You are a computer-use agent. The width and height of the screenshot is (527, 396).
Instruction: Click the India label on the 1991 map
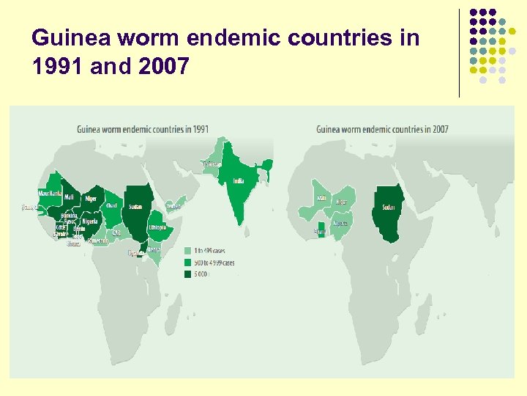[239, 180]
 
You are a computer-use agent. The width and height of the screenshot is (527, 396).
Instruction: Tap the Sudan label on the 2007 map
[387, 208]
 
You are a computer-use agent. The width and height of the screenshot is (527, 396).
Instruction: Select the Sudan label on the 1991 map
[135, 207]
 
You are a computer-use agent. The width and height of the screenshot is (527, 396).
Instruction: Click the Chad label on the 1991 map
[111, 206]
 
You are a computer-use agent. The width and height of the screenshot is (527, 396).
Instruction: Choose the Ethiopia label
[157, 227]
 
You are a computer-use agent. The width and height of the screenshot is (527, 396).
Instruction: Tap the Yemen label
[173, 207]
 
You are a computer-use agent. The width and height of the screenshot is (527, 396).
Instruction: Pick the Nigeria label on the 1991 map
[90, 221]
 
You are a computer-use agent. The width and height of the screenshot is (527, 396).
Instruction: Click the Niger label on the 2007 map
[342, 202]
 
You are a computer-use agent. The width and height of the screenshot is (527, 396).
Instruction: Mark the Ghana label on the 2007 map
[320, 232]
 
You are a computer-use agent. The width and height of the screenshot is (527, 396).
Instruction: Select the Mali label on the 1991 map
[69, 197]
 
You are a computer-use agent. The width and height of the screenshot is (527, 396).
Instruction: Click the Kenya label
[154, 249]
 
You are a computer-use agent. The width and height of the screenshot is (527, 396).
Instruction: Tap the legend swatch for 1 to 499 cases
[187, 251]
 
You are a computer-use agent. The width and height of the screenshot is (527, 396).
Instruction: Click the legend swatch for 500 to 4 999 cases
[187, 262]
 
